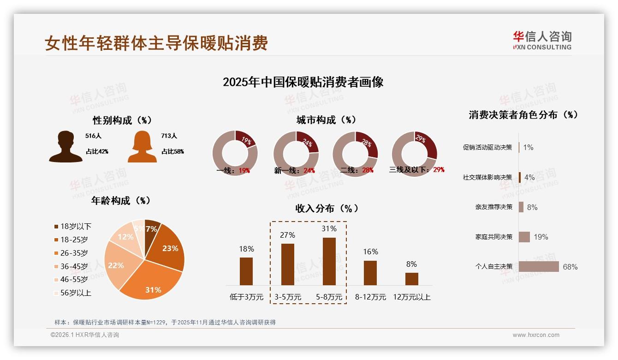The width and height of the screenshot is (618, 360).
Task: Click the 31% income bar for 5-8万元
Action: coord(329,261)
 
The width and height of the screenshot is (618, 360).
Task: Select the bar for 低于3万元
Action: coord(246,271)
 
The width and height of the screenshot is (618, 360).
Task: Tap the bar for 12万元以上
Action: coord(412,279)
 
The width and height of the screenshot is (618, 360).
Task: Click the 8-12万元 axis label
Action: coord(370,297)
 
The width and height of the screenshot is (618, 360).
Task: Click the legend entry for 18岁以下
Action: coord(73,227)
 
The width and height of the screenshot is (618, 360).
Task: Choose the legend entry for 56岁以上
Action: coord(73,293)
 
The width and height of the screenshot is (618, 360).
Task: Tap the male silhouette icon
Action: coord(65,146)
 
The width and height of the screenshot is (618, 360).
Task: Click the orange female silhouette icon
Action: coord(142,146)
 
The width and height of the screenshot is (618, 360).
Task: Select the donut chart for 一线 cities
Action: coord(235,153)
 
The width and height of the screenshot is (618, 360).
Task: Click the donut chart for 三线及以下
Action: coord(414,154)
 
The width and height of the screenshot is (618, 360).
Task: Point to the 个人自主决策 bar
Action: coord(539,267)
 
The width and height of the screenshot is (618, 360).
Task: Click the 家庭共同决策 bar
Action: coord(524,237)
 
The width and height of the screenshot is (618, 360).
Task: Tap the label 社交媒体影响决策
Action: coord(487,177)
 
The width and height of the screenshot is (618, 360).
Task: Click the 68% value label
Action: coord(570,267)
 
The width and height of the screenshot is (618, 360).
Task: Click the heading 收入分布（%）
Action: coord(327,208)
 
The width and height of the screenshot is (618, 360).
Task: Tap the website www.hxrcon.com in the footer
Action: coord(536,335)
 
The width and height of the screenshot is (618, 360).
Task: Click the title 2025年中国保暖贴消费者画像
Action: coord(303,82)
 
